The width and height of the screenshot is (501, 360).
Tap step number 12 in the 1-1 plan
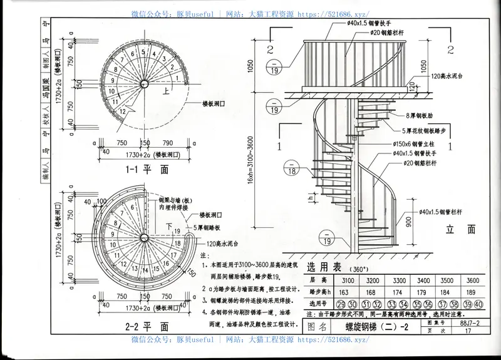click(123, 111)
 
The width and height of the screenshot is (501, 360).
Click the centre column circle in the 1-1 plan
click(145, 83)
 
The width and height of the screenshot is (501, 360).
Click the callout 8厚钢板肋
click(423, 116)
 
